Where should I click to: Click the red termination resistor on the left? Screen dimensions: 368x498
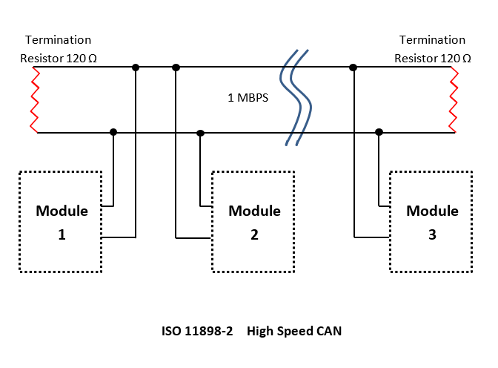[x=33, y=99]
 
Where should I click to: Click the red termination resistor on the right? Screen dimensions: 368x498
[x=454, y=99]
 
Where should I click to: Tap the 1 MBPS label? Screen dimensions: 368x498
[x=248, y=97]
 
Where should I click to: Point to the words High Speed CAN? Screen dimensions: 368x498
[x=294, y=331]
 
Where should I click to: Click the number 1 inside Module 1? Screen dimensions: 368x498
[x=62, y=234]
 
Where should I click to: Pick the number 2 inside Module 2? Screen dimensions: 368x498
[x=254, y=234]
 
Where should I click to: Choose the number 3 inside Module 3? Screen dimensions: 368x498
[x=432, y=234]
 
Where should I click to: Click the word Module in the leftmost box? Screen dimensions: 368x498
[x=62, y=211]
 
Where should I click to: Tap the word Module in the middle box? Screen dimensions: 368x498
[x=254, y=211]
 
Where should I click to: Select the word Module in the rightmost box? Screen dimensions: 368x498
[x=432, y=211]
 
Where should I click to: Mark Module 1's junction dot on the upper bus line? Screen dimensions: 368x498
[x=135, y=68]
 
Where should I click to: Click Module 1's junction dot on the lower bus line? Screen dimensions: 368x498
[x=113, y=132]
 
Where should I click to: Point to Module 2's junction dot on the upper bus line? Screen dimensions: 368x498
[x=176, y=68]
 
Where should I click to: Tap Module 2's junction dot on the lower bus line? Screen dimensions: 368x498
[x=200, y=133]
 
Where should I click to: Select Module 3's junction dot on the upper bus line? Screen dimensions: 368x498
[x=353, y=68]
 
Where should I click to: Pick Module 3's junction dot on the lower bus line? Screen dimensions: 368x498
[x=379, y=132]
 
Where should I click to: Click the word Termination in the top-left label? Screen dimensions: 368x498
[x=58, y=39]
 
